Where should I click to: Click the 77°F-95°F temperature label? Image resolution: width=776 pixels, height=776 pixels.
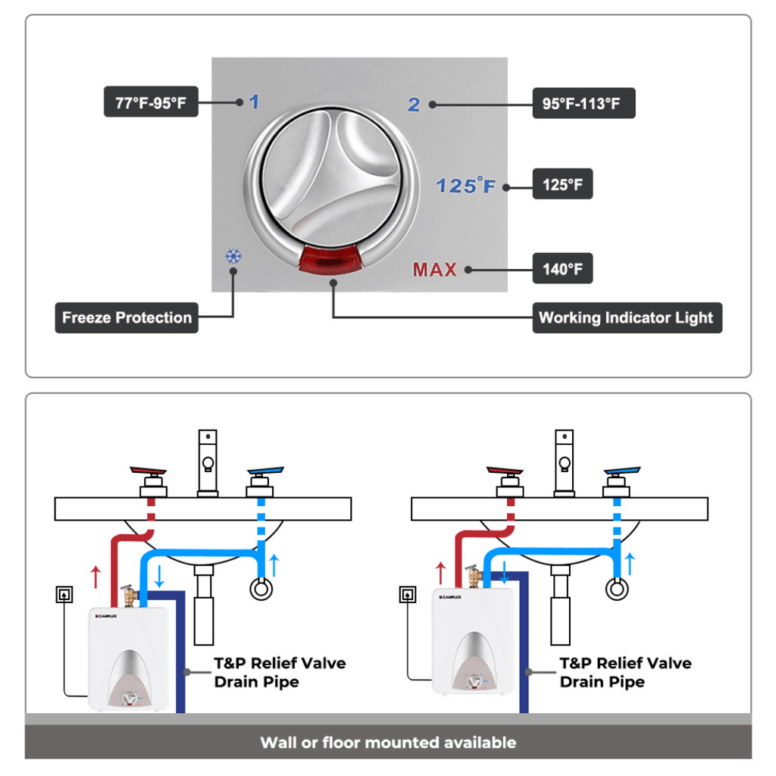[151, 103]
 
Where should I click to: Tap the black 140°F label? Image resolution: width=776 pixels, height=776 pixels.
[562, 269]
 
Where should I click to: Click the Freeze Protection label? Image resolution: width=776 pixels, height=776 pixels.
[127, 318]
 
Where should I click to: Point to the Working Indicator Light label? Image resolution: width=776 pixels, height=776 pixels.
[627, 318]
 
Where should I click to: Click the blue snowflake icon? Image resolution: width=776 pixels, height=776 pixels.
[233, 257]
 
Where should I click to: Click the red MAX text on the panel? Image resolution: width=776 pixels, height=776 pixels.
[435, 269]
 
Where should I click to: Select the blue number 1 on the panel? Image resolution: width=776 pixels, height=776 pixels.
[254, 102]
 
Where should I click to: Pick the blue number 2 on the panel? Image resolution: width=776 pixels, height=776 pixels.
[414, 105]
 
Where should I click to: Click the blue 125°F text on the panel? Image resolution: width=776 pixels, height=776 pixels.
[465, 185]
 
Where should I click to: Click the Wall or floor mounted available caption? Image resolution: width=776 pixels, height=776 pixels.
[388, 743]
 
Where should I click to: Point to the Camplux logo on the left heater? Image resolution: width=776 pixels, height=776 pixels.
[108, 615]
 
